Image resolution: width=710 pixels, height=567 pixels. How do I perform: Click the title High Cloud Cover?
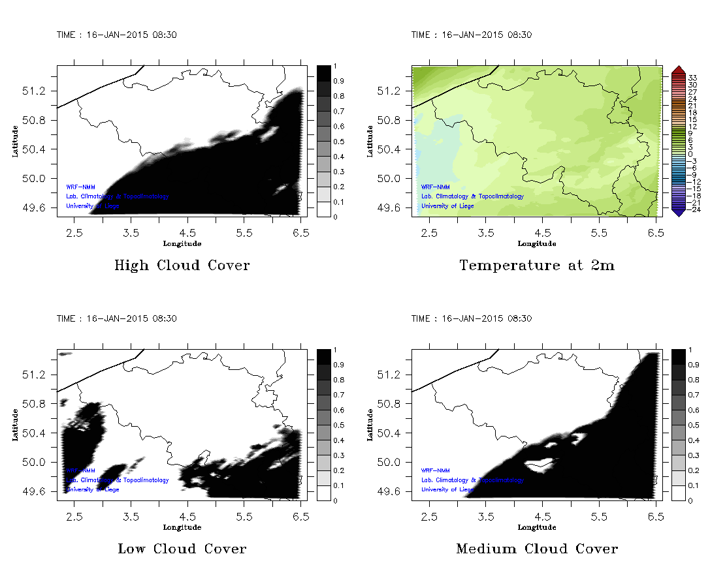[x=182, y=266]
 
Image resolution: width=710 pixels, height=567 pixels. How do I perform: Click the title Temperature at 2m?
[x=536, y=266]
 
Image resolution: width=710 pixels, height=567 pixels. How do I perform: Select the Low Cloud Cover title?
[x=182, y=549]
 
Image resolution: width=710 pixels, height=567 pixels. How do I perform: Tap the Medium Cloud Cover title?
[x=536, y=549]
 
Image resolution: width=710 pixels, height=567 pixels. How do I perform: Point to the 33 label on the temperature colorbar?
[x=694, y=77]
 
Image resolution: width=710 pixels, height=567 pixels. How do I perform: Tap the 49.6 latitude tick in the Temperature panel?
[x=395, y=208]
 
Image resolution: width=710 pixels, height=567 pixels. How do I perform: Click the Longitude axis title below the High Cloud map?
[x=182, y=243]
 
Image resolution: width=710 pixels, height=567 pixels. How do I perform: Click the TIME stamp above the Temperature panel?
[x=471, y=35]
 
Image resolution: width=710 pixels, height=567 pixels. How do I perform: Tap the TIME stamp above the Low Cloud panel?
[x=116, y=319]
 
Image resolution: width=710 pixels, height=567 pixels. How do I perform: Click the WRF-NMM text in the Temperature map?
[x=435, y=187]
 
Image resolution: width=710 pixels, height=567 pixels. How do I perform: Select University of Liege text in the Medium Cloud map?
[x=447, y=489]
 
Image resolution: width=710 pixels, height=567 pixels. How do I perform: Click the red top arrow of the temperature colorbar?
[x=678, y=69]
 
